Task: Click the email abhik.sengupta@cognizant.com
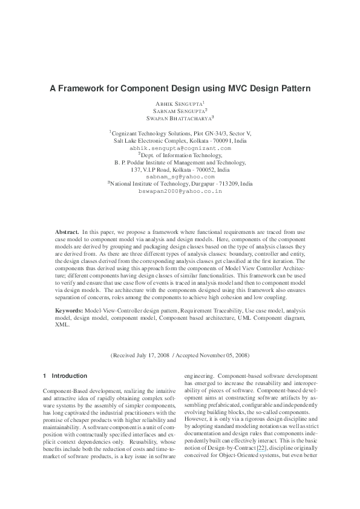click(x=180, y=148)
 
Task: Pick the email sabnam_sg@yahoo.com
click(x=180, y=177)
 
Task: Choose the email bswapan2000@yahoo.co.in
click(x=180, y=191)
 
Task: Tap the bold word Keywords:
click(x=69, y=310)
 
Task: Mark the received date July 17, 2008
click(x=154, y=355)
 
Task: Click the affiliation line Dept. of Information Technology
click(x=180, y=155)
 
